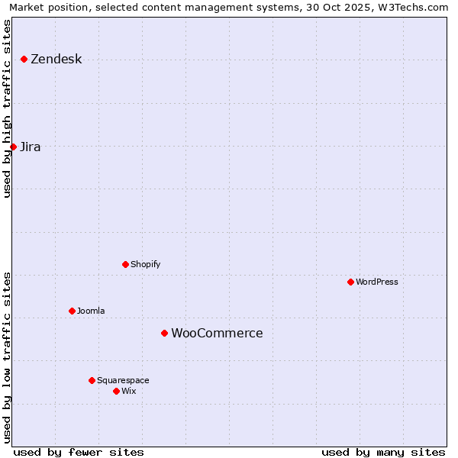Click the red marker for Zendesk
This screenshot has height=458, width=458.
24,59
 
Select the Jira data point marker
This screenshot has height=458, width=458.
13,147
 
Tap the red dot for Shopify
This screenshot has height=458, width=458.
125,264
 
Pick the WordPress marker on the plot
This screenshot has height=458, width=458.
350,282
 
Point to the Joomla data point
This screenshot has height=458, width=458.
72,311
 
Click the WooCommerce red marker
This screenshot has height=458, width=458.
164,333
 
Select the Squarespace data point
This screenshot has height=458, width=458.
92,380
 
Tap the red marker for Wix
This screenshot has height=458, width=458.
116,391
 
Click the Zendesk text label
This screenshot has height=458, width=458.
56,60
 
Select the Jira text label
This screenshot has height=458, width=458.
31,147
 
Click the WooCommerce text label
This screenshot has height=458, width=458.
217,334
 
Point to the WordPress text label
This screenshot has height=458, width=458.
377,282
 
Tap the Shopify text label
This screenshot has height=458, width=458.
145,265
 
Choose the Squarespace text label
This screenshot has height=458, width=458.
123,381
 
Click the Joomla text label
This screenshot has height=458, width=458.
91,311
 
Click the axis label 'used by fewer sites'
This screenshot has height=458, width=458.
79,452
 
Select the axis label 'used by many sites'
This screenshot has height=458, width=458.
383,452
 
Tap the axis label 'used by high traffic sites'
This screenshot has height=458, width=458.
8,108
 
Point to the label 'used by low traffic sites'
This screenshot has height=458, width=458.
8,356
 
